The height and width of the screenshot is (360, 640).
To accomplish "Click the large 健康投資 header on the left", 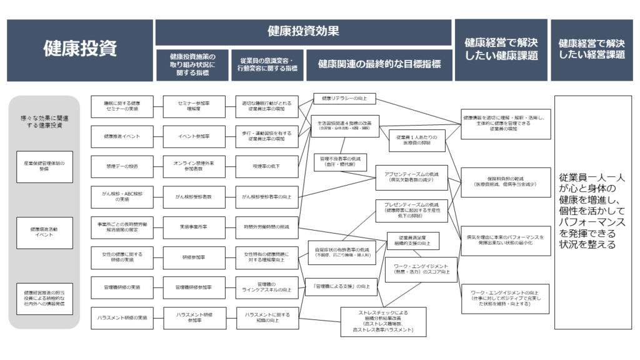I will (x=79, y=49).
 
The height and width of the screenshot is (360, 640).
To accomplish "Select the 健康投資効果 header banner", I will (x=303, y=32).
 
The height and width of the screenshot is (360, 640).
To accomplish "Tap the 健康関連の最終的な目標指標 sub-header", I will (x=379, y=64).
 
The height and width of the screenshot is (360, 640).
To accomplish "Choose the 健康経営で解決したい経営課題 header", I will (x=591, y=49).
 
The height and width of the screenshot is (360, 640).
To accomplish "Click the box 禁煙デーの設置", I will (x=122, y=166).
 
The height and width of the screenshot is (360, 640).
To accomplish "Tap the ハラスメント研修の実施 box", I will (x=122, y=318).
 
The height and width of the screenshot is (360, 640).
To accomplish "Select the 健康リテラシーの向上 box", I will (x=344, y=98).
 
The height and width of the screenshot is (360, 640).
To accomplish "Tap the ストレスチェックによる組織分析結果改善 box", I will (x=383, y=321).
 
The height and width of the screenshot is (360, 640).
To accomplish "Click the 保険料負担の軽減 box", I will (x=505, y=181).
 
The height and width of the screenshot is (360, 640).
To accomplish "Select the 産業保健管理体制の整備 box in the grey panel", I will (x=44, y=167).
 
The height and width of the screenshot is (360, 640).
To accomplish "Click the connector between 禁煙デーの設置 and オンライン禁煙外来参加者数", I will (x=159, y=166).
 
